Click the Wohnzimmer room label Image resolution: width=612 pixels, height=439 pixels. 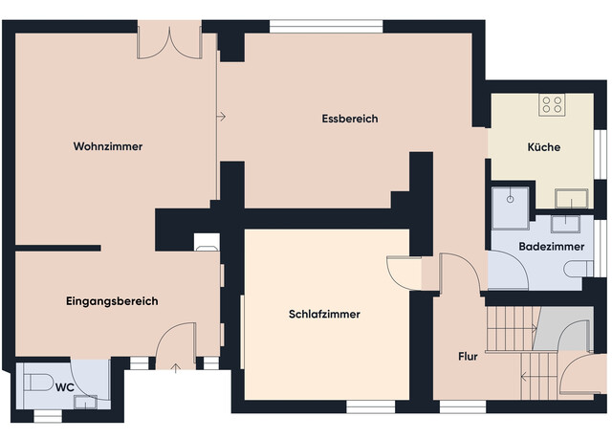click(x=108, y=147)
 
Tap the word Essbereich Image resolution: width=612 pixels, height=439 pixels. click(x=350, y=120)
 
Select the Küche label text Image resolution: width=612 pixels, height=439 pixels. click(x=543, y=148)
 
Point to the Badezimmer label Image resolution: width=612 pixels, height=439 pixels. click(x=552, y=247)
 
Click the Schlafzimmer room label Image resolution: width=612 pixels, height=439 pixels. click(x=324, y=314)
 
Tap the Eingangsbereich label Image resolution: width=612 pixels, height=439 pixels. click(x=112, y=301)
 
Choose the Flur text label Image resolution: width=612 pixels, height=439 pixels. click(x=468, y=357)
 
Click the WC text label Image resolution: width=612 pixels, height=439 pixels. click(x=65, y=387)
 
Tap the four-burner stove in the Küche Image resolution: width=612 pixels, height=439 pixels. click(x=552, y=104)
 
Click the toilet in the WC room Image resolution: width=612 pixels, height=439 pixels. click(x=40, y=384)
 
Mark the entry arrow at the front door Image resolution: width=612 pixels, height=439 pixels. click(x=176, y=366)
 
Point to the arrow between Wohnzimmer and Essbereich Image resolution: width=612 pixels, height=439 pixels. click(x=221, y=117)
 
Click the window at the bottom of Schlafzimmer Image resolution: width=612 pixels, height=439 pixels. click(x=370, y=406)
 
